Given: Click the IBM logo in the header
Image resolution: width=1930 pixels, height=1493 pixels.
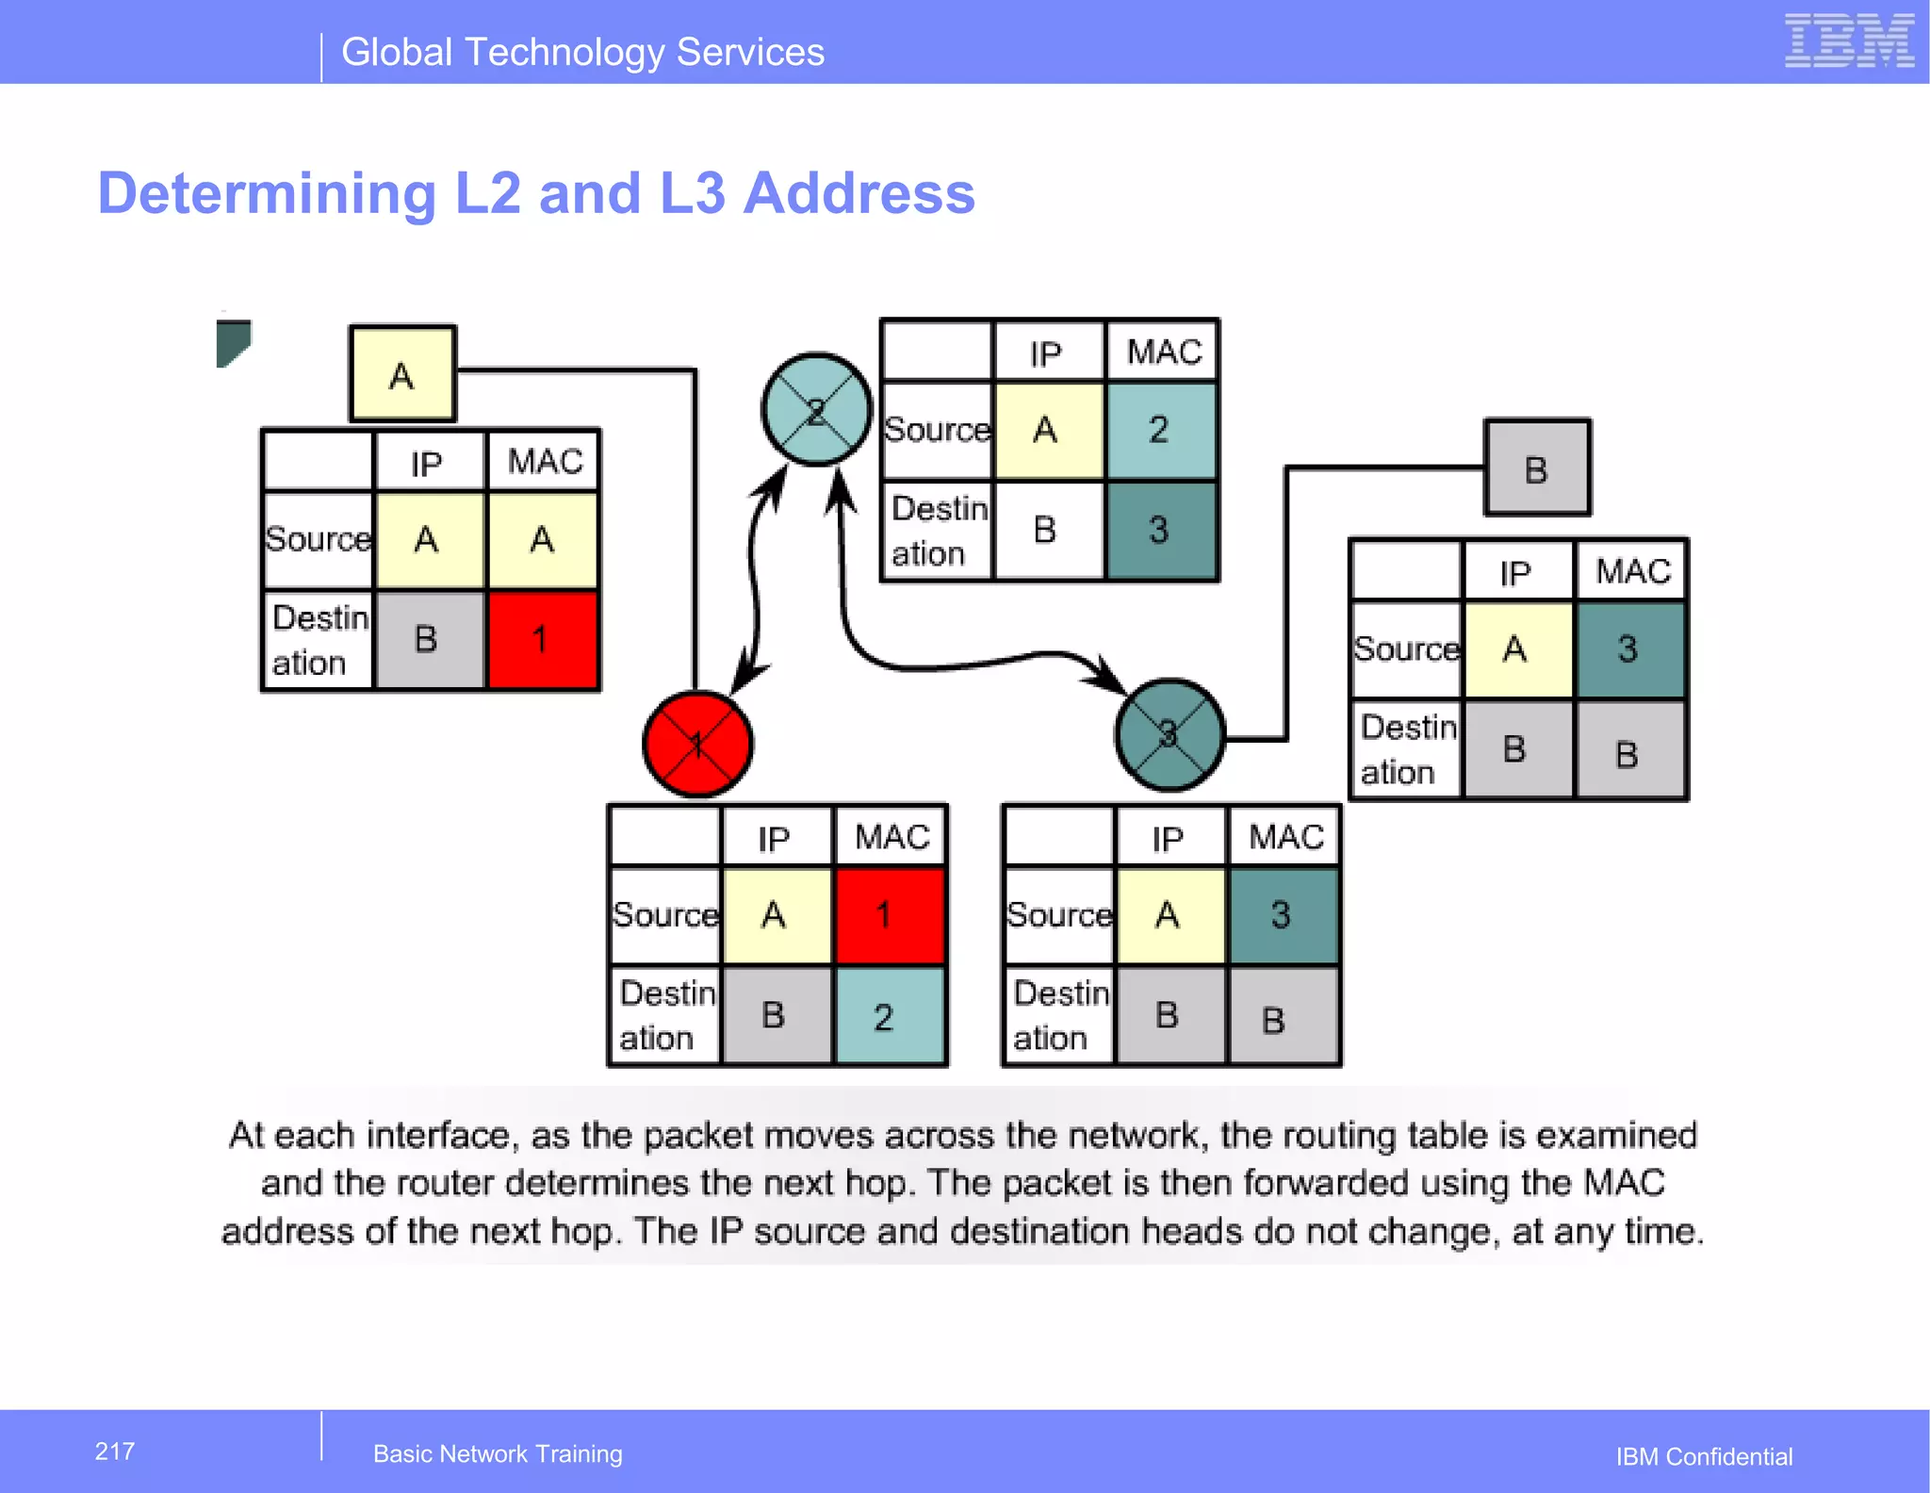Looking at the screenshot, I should click(1848, 41).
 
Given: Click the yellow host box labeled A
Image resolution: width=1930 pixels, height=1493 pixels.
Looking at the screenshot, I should click(402, 374).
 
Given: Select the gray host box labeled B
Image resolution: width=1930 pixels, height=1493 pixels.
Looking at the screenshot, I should click(1537, 468).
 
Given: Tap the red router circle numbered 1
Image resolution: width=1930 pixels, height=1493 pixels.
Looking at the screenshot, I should click(697, 744).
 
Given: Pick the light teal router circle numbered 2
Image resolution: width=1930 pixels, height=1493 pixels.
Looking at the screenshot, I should click(816, 410).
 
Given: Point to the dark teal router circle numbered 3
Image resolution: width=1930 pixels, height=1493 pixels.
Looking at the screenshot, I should click(1169, 734).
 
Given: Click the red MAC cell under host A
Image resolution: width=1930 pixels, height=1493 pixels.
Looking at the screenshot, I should click(542, 640).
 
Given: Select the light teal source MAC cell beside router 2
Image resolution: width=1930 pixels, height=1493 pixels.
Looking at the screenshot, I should click(1161, 431).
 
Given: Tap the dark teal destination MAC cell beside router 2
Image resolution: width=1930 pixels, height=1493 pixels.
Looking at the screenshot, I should click(1161, 530).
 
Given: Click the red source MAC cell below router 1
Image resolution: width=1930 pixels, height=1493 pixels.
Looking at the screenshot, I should click(889, 915).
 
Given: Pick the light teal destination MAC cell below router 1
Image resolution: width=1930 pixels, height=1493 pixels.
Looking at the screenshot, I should click(889, 1016).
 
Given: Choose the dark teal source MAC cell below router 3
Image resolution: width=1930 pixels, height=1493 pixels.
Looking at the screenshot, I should click(1283, 915).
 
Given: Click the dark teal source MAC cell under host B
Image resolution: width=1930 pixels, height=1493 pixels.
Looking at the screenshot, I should click(1629, 649).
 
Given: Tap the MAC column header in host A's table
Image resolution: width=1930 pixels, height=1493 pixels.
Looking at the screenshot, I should click(544, 462).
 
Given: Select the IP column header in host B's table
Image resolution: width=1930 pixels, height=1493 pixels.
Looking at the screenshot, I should click(1516, 573).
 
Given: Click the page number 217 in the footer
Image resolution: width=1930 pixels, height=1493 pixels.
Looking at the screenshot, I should click(115, 1452).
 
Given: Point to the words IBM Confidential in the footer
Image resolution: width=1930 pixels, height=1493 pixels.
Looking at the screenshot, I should click(1704, 1457).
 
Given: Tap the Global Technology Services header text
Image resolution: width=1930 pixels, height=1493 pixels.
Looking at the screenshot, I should click(582, 53).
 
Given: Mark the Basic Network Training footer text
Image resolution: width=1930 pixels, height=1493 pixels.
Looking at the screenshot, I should click(498, 1454).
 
